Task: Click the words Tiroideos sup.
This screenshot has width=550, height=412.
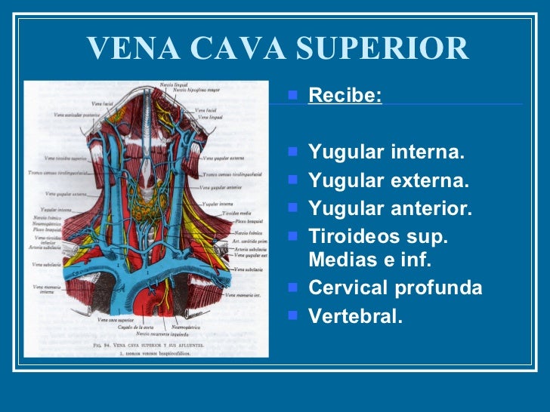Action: (x=379, y=236)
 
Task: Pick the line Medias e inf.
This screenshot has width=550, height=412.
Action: (x=369, y=260)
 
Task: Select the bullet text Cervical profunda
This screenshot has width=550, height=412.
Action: (x=395, y=288)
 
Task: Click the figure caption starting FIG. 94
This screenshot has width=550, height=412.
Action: (x=147, y=343)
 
